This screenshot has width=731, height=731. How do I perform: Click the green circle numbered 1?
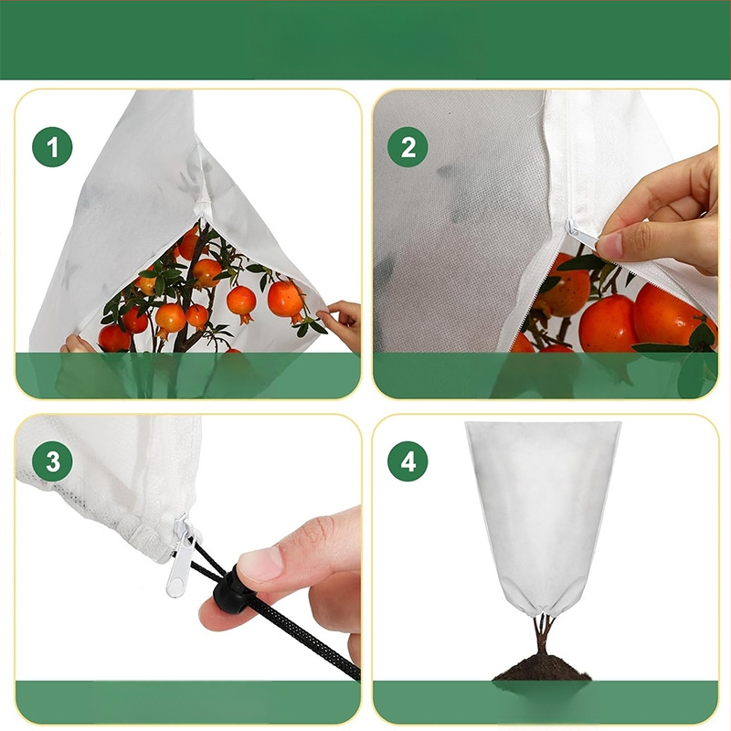pos(52,147)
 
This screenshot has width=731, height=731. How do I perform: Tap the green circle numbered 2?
pos(408,147)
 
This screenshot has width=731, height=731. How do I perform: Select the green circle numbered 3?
pos(52,461)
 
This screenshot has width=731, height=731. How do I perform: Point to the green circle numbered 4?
pos(408,461)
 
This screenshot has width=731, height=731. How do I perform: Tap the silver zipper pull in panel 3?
pos(184,558)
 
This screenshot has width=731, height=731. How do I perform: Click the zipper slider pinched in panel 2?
pos(580,235)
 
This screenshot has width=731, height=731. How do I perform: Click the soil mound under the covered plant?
pos(542,668)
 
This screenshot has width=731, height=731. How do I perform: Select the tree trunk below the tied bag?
pos(542,636)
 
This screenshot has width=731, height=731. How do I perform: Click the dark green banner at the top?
pos(365,39)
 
